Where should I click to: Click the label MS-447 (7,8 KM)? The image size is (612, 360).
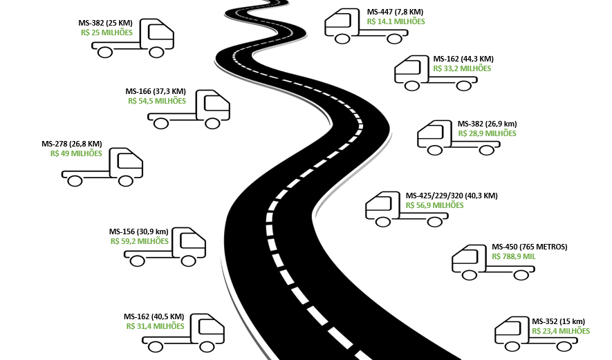395,12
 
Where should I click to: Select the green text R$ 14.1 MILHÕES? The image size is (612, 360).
396,21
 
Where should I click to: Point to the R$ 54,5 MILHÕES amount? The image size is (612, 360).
157,101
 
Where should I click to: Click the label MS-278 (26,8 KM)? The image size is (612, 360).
72,144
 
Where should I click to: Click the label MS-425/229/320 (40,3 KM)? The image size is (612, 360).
452,196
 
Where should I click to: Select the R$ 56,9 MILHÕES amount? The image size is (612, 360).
435,205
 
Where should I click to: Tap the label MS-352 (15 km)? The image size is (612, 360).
558,321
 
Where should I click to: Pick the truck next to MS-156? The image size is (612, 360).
165,247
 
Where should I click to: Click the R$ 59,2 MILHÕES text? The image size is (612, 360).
139,241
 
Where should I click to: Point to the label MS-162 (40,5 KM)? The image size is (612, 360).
154,316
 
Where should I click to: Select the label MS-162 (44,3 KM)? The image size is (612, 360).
462,59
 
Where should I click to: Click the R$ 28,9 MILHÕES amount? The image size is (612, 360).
487,133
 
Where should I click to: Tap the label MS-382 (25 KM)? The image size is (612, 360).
105,23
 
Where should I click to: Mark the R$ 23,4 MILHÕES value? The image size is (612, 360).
561,331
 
